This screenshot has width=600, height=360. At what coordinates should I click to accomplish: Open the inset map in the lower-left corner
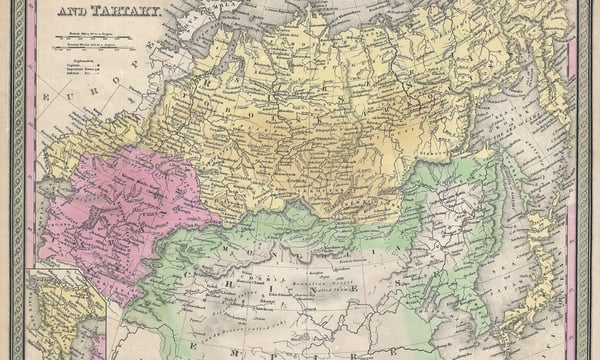[65, 315]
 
